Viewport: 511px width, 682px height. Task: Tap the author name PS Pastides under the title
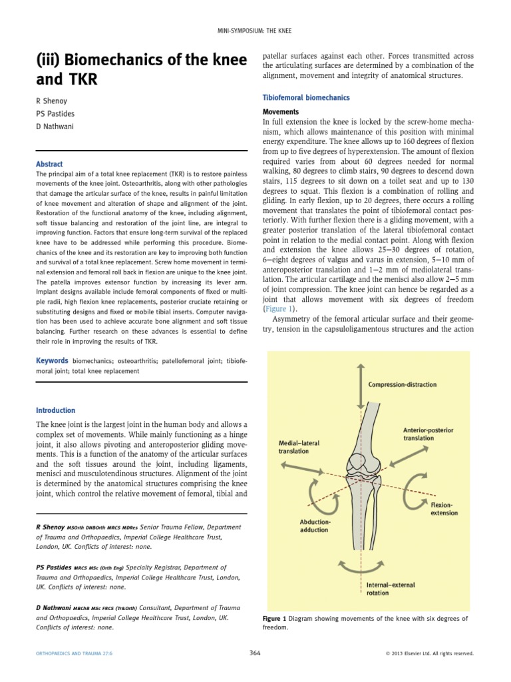coord(57,113)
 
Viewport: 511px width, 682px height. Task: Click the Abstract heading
coord(50,164)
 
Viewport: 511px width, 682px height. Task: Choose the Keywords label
coord(52,360)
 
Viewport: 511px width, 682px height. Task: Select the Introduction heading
coord(56,410)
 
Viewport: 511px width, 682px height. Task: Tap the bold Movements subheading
coord(281,112)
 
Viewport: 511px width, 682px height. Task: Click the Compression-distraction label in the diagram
coord(402,384)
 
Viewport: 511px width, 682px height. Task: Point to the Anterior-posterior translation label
coord(428,434)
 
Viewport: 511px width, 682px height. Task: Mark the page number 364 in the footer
coord(254,653)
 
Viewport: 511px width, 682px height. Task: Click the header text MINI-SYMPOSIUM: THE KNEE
coord(255,31)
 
